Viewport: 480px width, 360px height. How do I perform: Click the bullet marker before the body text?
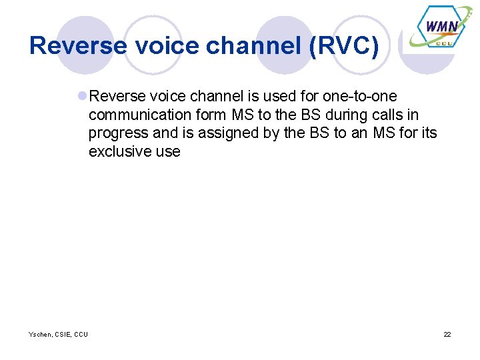(x=82, y=96)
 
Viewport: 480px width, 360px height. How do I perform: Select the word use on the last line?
(x=167, y=152)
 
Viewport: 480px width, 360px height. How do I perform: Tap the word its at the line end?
(x=427, y=133)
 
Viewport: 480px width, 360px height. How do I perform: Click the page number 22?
(x=447, y=334)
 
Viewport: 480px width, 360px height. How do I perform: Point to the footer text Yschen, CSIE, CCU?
(x=58, y=334)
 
